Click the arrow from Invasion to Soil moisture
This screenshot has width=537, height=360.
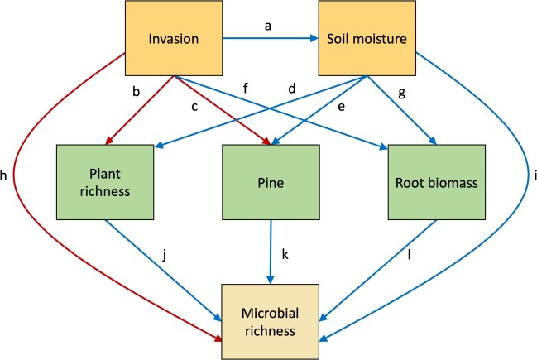266,38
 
